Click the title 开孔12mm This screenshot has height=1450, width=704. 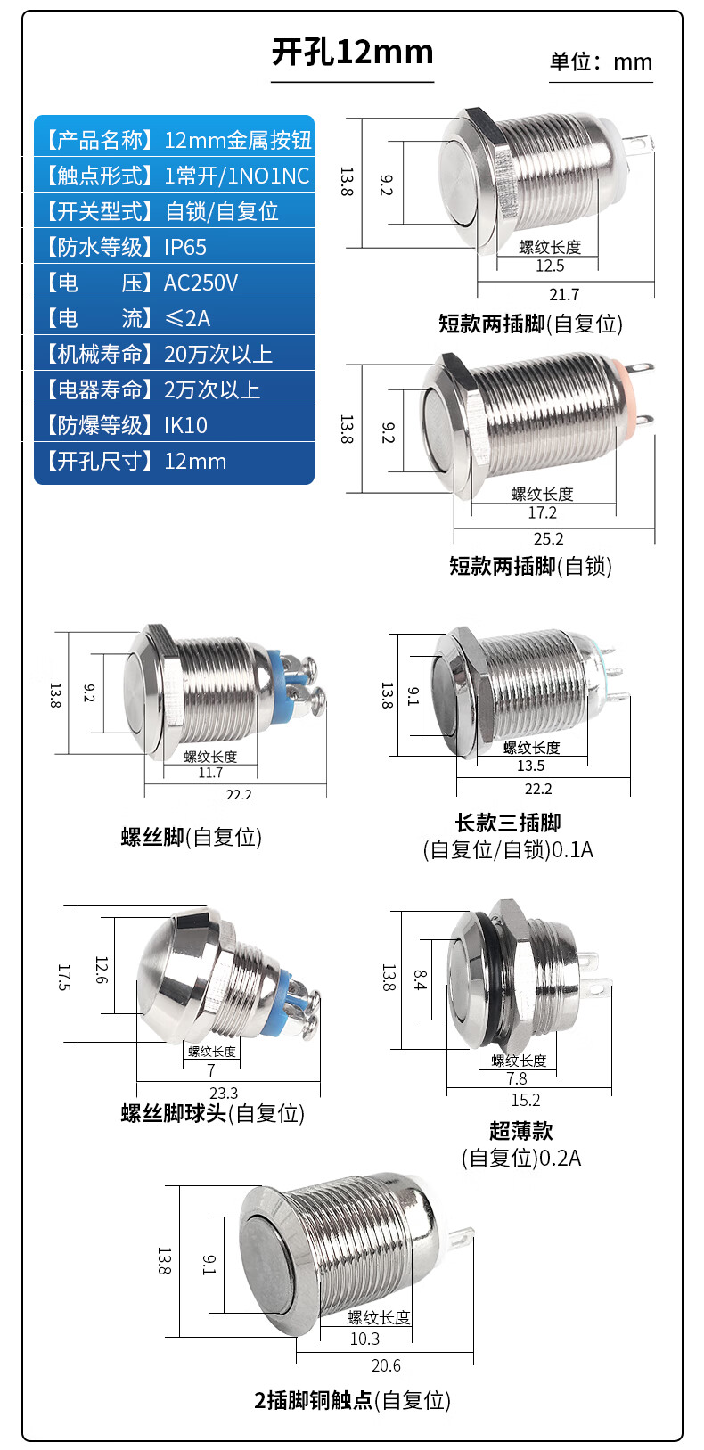click(352, 53)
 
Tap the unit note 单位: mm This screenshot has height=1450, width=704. click(601, 62)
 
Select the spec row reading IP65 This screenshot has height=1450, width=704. click(174, 247)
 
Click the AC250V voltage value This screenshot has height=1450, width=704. click(201, 283)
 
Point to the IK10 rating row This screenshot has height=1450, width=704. click(174, 425)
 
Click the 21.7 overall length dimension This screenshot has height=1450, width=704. click(564, 294)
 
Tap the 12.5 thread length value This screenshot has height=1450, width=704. click(550, 266)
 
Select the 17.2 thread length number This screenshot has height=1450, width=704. click(542, 512)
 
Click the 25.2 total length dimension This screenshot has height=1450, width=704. click(549, 538)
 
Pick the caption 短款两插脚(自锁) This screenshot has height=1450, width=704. click(530, 567)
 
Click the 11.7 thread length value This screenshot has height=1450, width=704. click(210, 773)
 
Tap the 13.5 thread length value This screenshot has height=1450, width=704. click(530, 766)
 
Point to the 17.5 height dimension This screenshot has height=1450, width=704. click(64, 978)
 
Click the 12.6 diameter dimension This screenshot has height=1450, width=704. click(102, 970)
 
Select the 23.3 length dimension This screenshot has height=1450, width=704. click(224, 1093)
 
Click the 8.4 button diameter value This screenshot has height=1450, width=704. click(420, 980)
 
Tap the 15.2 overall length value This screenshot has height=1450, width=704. click(526, 1100)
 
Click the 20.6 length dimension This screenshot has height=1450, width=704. click(386, 1365)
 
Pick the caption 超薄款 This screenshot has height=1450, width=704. click(521, 1131)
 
